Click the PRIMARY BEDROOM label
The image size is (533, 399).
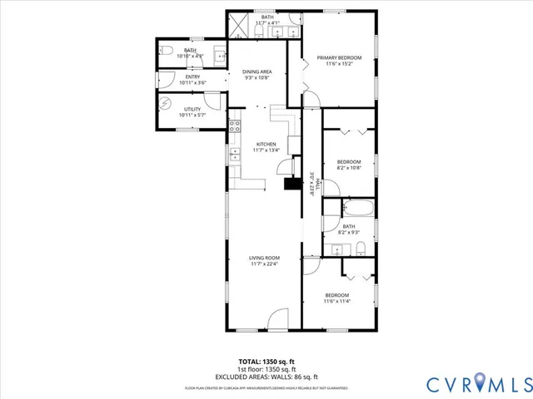(338, 58)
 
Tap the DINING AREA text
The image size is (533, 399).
(257, 71)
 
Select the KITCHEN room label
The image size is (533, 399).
(266, 144)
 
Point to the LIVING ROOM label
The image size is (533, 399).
(264, 258)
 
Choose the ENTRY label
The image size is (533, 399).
(192, 77)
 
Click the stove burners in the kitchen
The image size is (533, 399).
(235, 126)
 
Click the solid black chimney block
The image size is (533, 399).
(292, 185)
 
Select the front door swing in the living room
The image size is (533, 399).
(279, 317)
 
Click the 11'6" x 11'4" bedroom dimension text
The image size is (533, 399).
(337, 301)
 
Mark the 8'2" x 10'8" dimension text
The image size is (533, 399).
(349, 168)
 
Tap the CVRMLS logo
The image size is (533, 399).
(477, 384)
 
